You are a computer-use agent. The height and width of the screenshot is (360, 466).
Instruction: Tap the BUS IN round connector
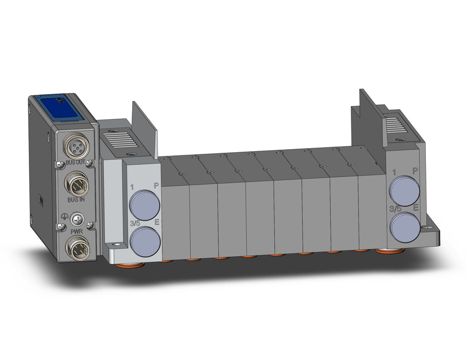click(77, 182)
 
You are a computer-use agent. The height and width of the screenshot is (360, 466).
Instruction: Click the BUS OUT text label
click(75, 163)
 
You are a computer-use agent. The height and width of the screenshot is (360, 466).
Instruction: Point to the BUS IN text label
click(76, 200)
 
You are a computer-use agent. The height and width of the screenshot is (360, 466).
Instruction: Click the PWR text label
click(76, 231)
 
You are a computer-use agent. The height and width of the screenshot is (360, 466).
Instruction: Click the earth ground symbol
click(63, 217)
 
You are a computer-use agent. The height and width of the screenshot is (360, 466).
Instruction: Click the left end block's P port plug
click(144, 205)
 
